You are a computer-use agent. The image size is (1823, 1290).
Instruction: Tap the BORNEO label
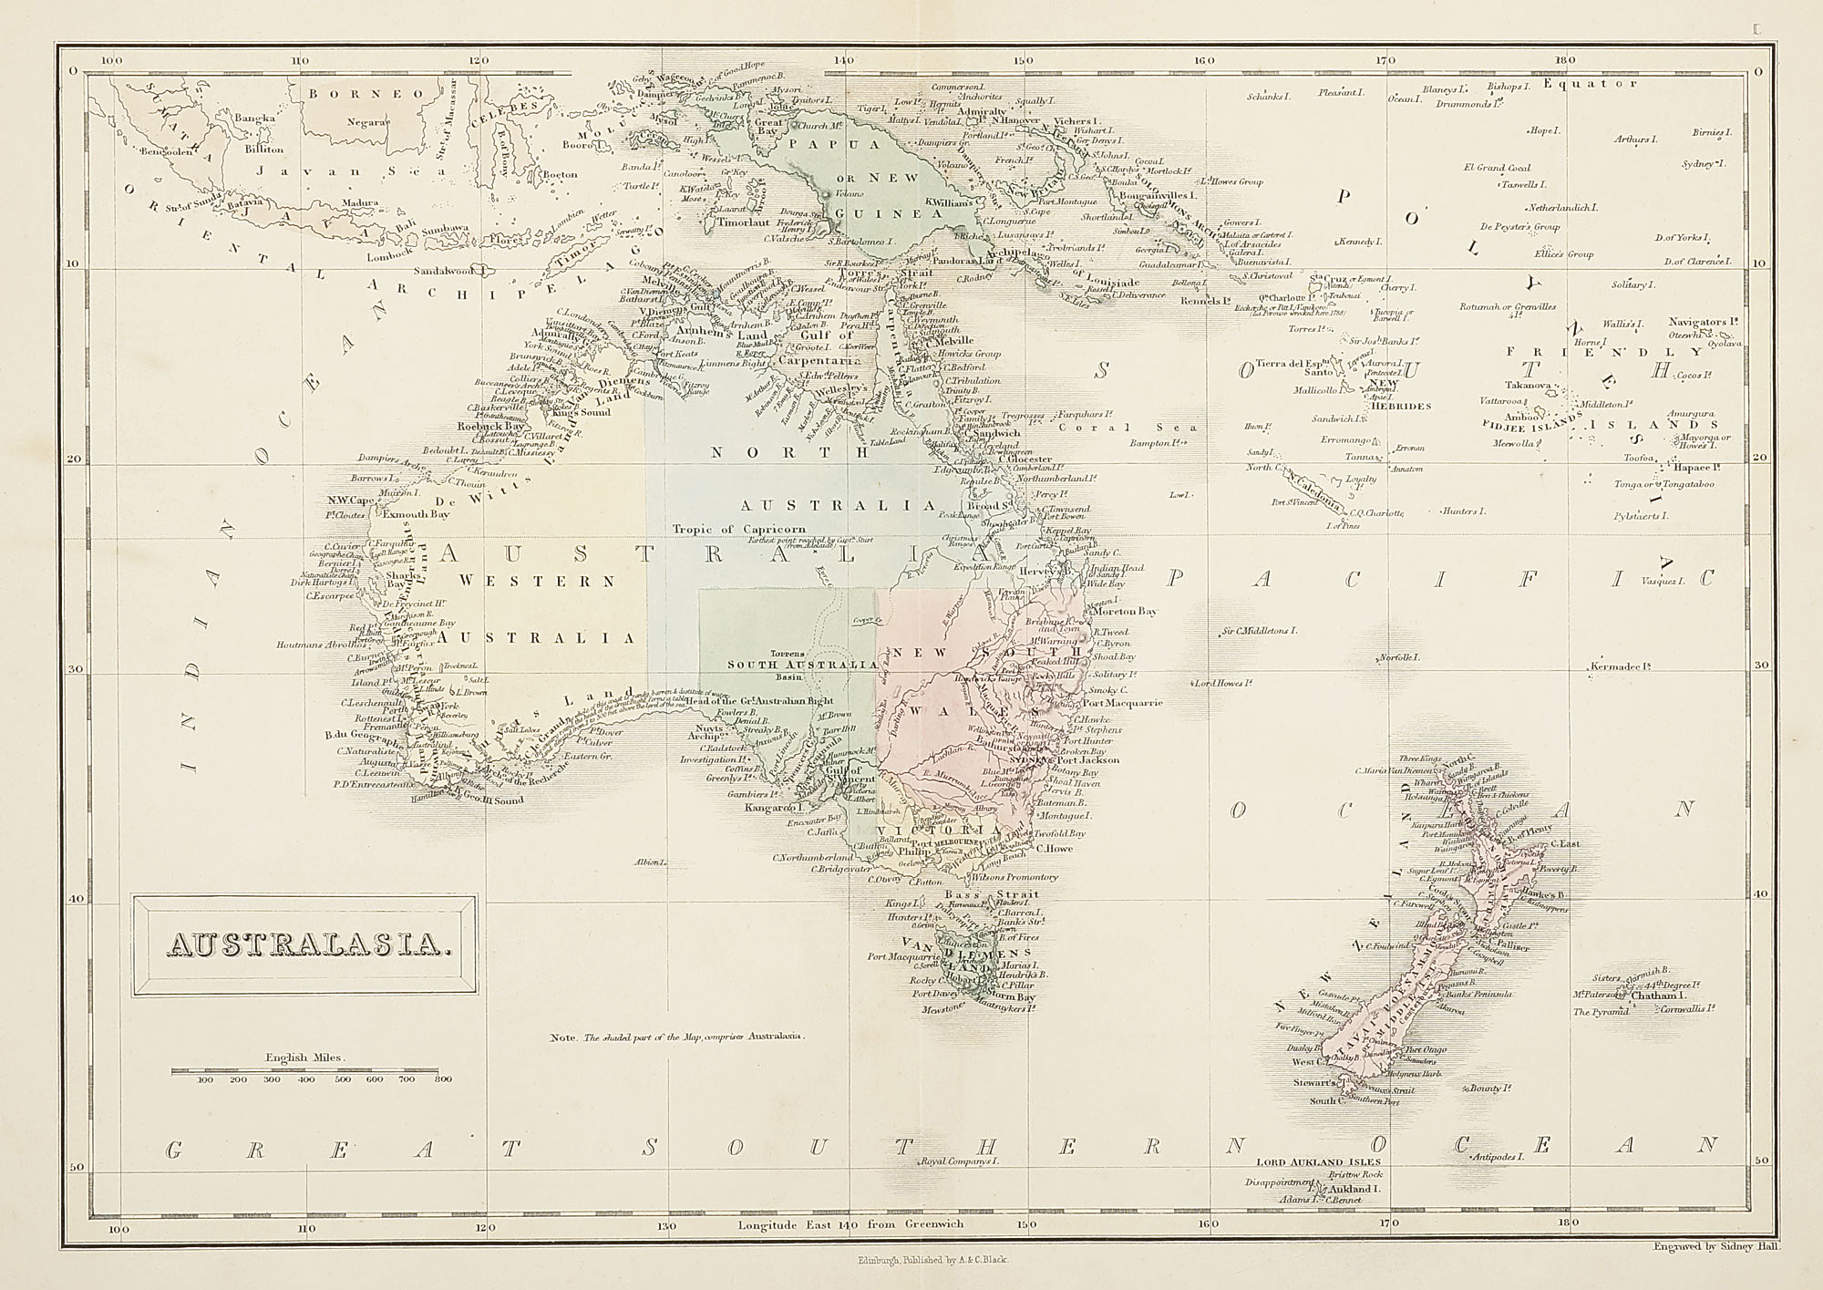(x=365, y=93)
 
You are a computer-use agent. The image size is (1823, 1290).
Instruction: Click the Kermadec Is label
(x=1621, y=666)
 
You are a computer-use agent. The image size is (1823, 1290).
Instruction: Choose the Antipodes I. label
(x=1519, y=1156)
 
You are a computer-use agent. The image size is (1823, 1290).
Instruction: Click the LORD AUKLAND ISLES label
(x=1318, y=1161)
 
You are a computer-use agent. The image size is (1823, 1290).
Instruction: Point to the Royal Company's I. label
(x=960, y=1161)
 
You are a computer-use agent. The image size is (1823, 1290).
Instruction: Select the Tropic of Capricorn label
(x=738, y=529)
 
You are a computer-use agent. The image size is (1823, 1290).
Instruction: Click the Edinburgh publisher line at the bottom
(x=932, y=1259)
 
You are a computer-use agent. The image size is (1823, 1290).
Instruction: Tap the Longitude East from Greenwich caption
(x=850, y=1223)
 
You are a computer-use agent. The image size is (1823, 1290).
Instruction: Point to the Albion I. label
(x=652, y=861)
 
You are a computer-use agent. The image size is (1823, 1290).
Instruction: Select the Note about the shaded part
(x=678, y=1037)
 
